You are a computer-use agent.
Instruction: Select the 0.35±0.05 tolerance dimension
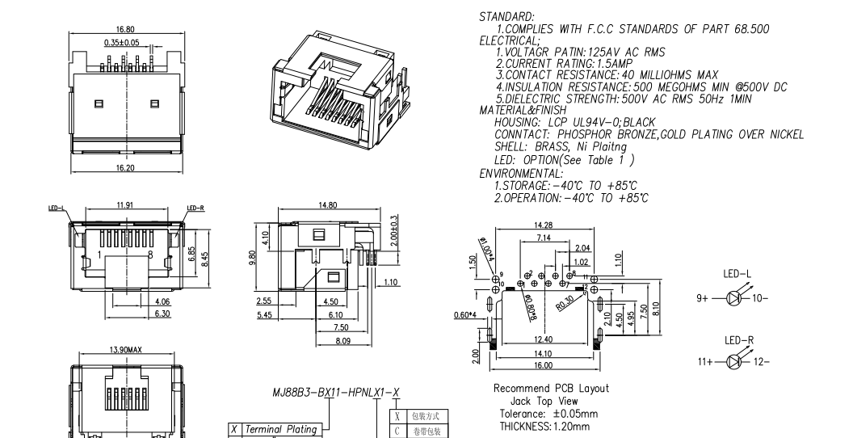coord(122,41)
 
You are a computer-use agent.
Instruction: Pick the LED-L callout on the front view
coord(57,208)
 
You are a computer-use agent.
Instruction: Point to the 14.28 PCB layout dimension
coord(544,225)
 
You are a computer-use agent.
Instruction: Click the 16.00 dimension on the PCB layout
coord(543,365)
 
